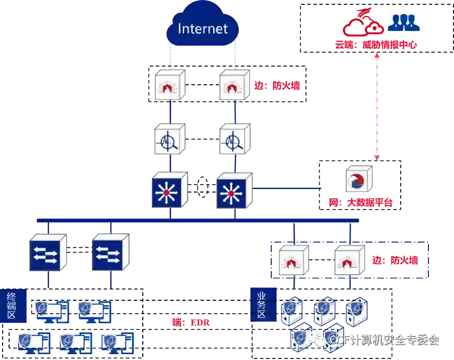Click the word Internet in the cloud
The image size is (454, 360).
tap(202, 29)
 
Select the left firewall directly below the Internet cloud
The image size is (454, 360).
tap(169, 85)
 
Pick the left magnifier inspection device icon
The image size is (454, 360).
tap(169, 140)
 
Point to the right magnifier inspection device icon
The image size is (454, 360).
tap(233, 140)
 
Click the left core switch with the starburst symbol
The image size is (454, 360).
tap(169, 190)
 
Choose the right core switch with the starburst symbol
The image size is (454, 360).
tap(233, 190)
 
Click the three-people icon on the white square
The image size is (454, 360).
tap(403, 22)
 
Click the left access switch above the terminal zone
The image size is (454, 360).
tap(48, 252)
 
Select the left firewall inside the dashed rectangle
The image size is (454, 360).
tap(293, 260)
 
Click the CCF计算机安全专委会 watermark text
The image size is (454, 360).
tap(384, 340)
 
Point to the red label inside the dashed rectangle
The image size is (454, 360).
tap(395, 261)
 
